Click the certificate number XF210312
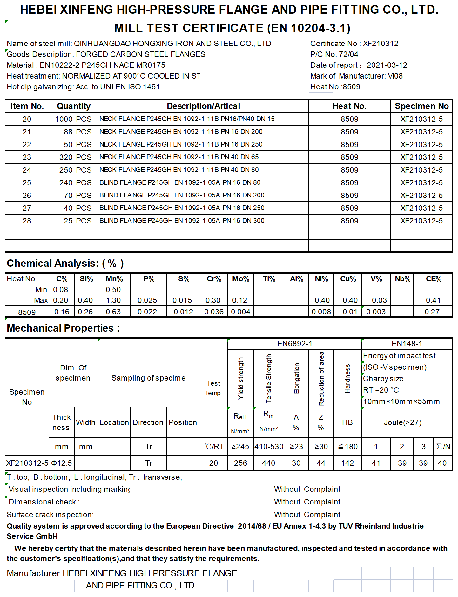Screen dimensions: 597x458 click(x=381, y=44)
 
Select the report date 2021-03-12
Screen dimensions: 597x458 click(x=387, y=65)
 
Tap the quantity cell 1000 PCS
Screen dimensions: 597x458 click(x=73, y=119)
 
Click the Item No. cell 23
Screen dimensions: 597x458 click(x=27, y=157)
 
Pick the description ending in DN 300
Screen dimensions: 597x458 click(x=182, y=221)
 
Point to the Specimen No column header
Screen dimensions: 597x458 click(x=421, y=106)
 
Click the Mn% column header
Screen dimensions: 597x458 click(x=114, y=279)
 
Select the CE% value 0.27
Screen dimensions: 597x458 click(x=432, y=312)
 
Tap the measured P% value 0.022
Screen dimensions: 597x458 click(x=147, y=312)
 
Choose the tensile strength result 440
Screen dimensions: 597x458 click(x=268, y=463)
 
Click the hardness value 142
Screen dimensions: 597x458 click(x=347, y=463)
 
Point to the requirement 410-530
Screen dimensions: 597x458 click(x=269, y=447)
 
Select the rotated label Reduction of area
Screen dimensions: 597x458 click(x=321, y=378)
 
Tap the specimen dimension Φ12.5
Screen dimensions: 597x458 click(x=62, y=463)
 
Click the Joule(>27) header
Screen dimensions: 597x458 click(x=402, y=422)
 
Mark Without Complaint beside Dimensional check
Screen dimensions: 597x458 click(x=307, y=502)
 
